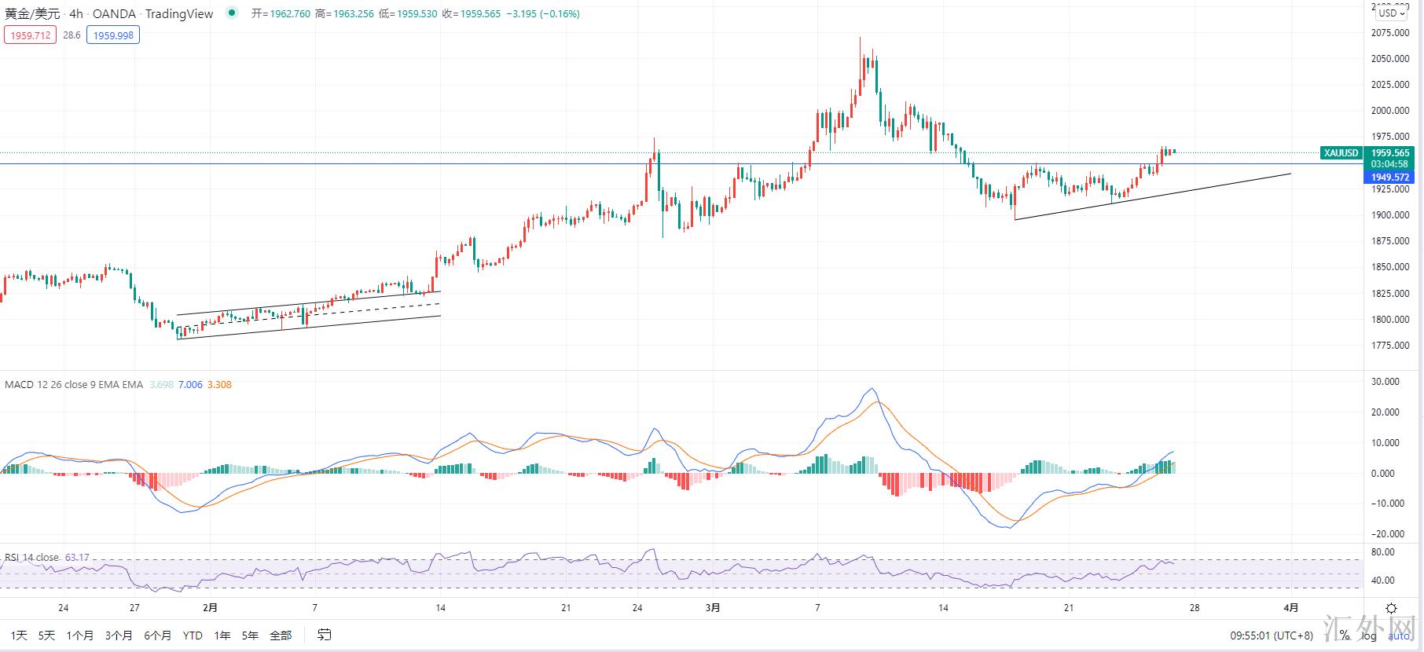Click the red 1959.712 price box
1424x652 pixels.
(30, 35)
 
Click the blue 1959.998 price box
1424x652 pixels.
(113, 35)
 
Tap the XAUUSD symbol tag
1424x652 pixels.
(1341, 153)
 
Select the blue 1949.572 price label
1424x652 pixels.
(1390, 178)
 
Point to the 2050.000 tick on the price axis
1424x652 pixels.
(1389, 59)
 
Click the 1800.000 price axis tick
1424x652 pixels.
(1389, 320)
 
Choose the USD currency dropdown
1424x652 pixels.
(1392, 13)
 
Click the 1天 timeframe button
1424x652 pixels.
(19, 636)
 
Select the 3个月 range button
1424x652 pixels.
(118, 636)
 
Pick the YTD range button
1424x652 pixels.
(193, 636)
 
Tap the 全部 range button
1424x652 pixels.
(281, 636)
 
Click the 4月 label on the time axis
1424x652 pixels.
(1291, 608)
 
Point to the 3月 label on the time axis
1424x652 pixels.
(713, 608)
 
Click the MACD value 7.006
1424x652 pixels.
(190, 385)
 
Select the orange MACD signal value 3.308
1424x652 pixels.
(219, 385)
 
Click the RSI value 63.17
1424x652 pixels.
(77, 558)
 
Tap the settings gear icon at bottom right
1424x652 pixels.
(1391, 608)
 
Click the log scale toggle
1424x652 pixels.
(1370, 636)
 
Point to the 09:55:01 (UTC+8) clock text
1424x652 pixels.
(1271, 636)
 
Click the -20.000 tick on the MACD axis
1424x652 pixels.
(1388, 534)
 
